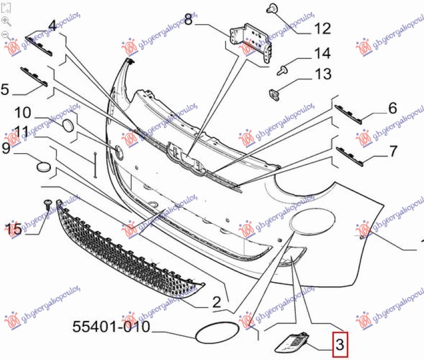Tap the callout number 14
click(x=322, y=54)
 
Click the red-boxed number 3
click(x=340, y=345)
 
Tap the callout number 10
click(x=23, y=112)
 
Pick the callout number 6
click(x=392, y=109)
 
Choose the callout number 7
click(x=392, y=151)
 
